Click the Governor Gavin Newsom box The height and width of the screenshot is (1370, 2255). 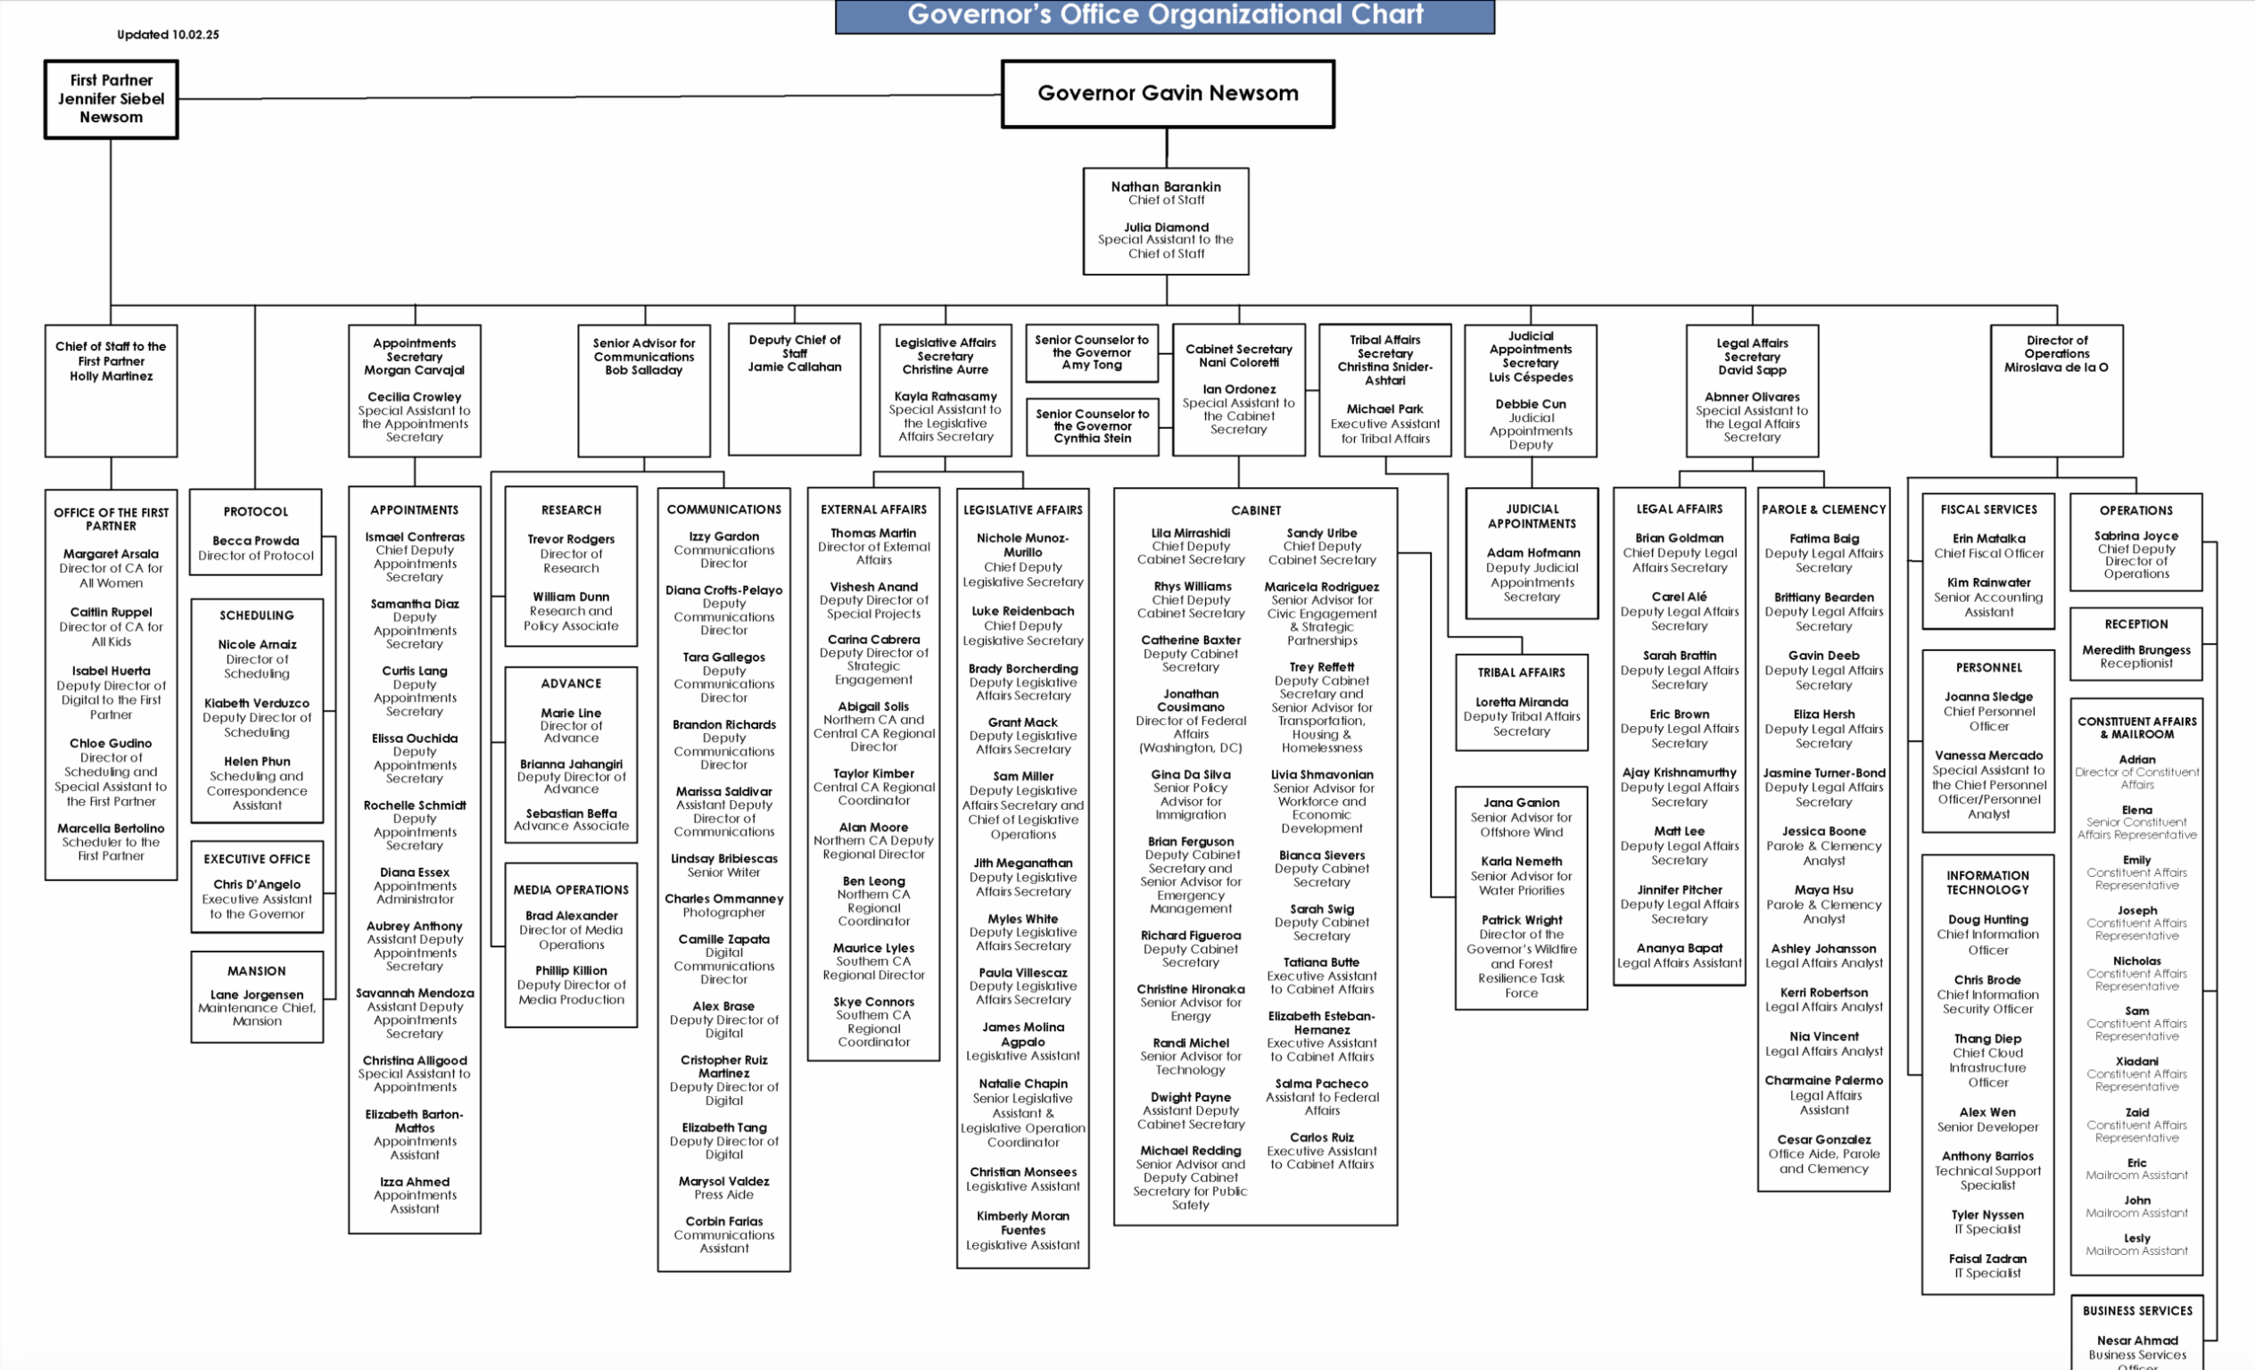1168,94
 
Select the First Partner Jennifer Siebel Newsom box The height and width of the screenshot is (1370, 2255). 111,99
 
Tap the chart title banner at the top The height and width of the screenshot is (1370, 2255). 1164,15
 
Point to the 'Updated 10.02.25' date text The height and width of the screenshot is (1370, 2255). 168,35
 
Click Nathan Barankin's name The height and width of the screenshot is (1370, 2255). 1166,186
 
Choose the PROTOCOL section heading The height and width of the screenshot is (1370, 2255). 255,512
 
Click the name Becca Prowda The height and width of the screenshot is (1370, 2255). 255,541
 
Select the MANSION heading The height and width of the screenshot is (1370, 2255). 256,971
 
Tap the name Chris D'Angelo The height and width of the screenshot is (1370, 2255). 256,884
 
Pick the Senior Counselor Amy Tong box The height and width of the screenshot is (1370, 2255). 1092,352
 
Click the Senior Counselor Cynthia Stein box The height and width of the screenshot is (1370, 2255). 1092,425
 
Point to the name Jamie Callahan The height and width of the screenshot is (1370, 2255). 795,367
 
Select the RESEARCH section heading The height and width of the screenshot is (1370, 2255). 571,510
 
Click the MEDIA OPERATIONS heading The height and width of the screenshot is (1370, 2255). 571,889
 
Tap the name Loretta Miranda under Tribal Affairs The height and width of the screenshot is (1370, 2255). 1521,702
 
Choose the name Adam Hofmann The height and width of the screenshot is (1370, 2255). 1532,553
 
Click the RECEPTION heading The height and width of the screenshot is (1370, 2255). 2136,624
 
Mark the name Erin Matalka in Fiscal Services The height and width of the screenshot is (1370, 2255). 1988,538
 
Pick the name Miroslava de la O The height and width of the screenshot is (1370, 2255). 2056,367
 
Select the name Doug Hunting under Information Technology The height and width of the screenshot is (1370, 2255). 1987,920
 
